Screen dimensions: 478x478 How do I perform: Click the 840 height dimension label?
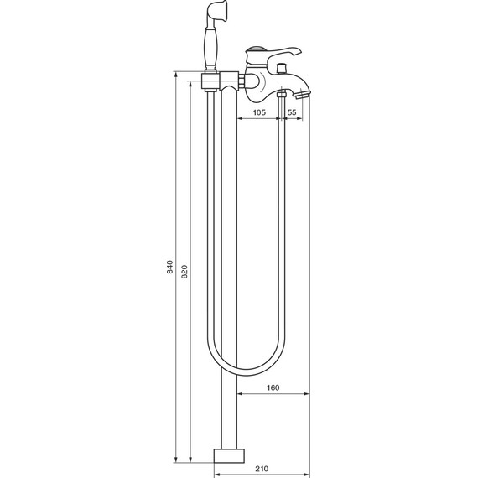click(169, 268)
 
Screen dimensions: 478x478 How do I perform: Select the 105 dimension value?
click(259, 112)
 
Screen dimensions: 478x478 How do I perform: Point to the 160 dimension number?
click(271, 387)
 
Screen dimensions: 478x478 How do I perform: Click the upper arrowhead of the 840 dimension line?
click(177, 76)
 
